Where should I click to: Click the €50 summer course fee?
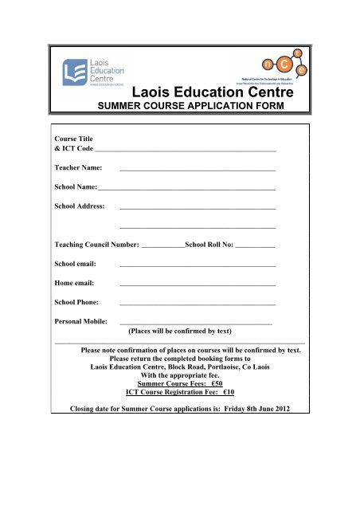coord(213,382)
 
